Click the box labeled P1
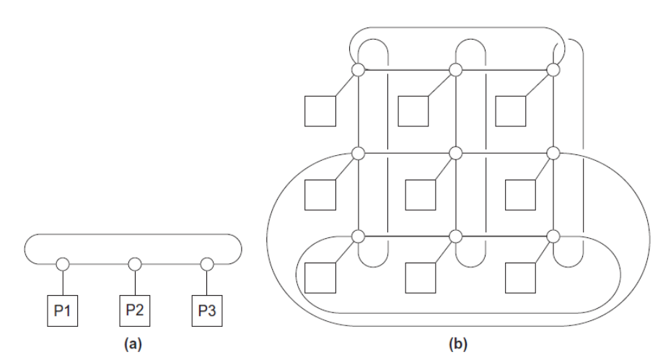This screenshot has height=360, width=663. [63, 310]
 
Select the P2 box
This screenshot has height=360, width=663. [134, 310]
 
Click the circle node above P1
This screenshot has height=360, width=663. [63, 263]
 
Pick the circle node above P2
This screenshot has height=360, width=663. [134, 263]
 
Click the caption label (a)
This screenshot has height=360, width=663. [133, 344]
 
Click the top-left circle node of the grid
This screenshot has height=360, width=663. [359, 69]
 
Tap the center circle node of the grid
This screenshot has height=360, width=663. [455, 153]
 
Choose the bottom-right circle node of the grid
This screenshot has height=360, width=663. [554, 236]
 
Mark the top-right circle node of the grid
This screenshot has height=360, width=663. [554, 69]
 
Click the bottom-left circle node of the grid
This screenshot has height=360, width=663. [359, 236]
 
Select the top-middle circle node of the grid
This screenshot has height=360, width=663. [455, 69]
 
